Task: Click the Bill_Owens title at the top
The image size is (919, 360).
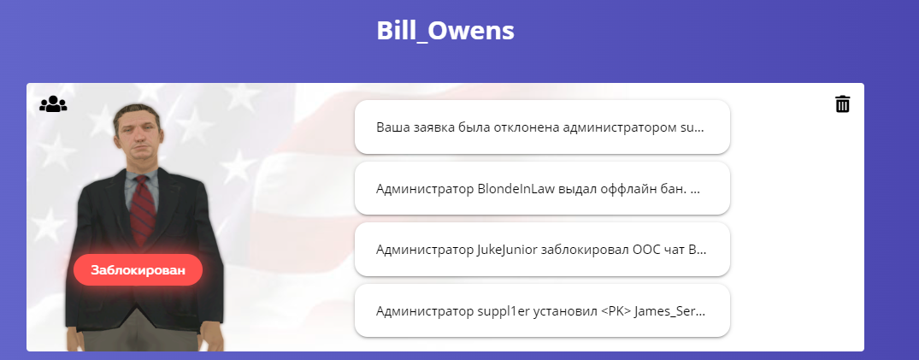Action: point(445,31)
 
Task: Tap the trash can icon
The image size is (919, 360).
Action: point(842,103)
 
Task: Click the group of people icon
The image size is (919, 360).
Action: point(53,104)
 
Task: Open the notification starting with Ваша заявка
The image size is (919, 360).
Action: point(542,127)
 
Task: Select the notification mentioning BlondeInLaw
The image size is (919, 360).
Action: point(542,189)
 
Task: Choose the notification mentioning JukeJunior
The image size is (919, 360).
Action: point(542,250)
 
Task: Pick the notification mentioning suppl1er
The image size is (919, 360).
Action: point(542,310)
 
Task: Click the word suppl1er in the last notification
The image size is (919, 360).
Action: point(500,312)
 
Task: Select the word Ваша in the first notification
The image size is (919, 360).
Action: point(390,127)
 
